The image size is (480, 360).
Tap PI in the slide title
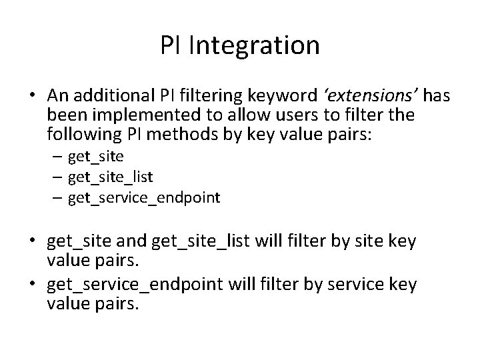coord(173,45)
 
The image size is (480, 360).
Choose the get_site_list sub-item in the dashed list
coord(109,177)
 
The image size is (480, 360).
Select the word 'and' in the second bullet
coord(135,241)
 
